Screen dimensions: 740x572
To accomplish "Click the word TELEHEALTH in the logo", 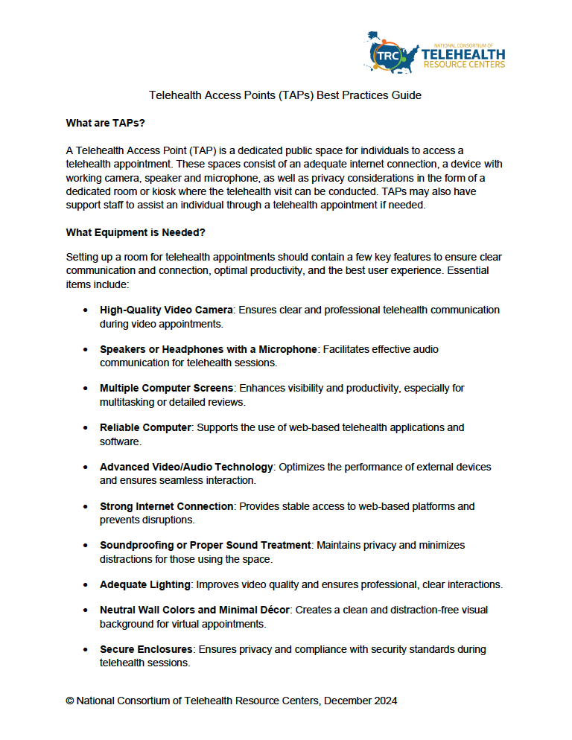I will (463, 54).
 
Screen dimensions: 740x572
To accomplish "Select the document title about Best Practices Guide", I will (285, 95).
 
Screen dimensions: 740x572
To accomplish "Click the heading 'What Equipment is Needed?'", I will (136, 232).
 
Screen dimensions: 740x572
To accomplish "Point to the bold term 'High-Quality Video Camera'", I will (166, 310).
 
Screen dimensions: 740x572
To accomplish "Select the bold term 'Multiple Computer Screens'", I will (166, 389).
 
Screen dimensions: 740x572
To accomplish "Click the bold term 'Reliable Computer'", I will (146, 427).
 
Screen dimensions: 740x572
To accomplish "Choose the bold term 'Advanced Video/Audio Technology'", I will (186, 467).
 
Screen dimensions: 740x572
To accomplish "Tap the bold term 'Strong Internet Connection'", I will (167, 506).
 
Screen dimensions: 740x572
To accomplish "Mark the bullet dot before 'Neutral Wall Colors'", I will (86, 610).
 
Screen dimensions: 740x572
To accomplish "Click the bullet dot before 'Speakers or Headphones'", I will (86, 349).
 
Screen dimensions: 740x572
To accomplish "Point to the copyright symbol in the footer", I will (70, 701).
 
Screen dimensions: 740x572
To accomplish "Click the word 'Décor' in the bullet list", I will (274, 610).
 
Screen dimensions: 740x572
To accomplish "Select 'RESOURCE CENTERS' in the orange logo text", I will (463, 65).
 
